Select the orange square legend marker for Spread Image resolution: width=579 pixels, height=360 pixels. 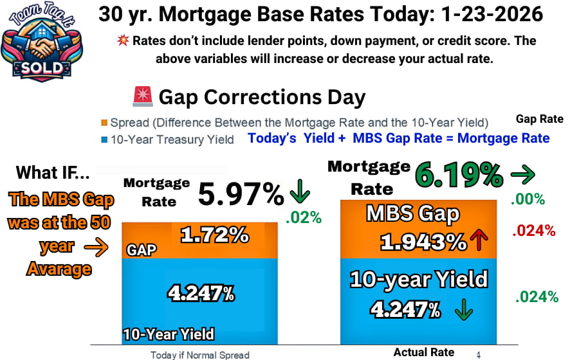pyautogui.click(x=104, y=123)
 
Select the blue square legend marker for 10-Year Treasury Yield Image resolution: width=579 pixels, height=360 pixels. pyautogui.click(x=104, y=138)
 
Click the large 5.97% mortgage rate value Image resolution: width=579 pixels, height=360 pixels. pyautogui.click(x=241, y=194)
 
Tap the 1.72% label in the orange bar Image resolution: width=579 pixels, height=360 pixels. pyautogui.click(x=215, y=235)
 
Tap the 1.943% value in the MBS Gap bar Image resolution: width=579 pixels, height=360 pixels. pyautogui.click(x=423, y=242)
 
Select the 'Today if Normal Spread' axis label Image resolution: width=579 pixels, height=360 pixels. pyautogui.click(x=199, y=354)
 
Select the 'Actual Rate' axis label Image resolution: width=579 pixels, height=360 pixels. pyautogui.click(x=424, y=352)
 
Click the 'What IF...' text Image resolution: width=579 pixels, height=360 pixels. pyautogui.click(x=53, y=172)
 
